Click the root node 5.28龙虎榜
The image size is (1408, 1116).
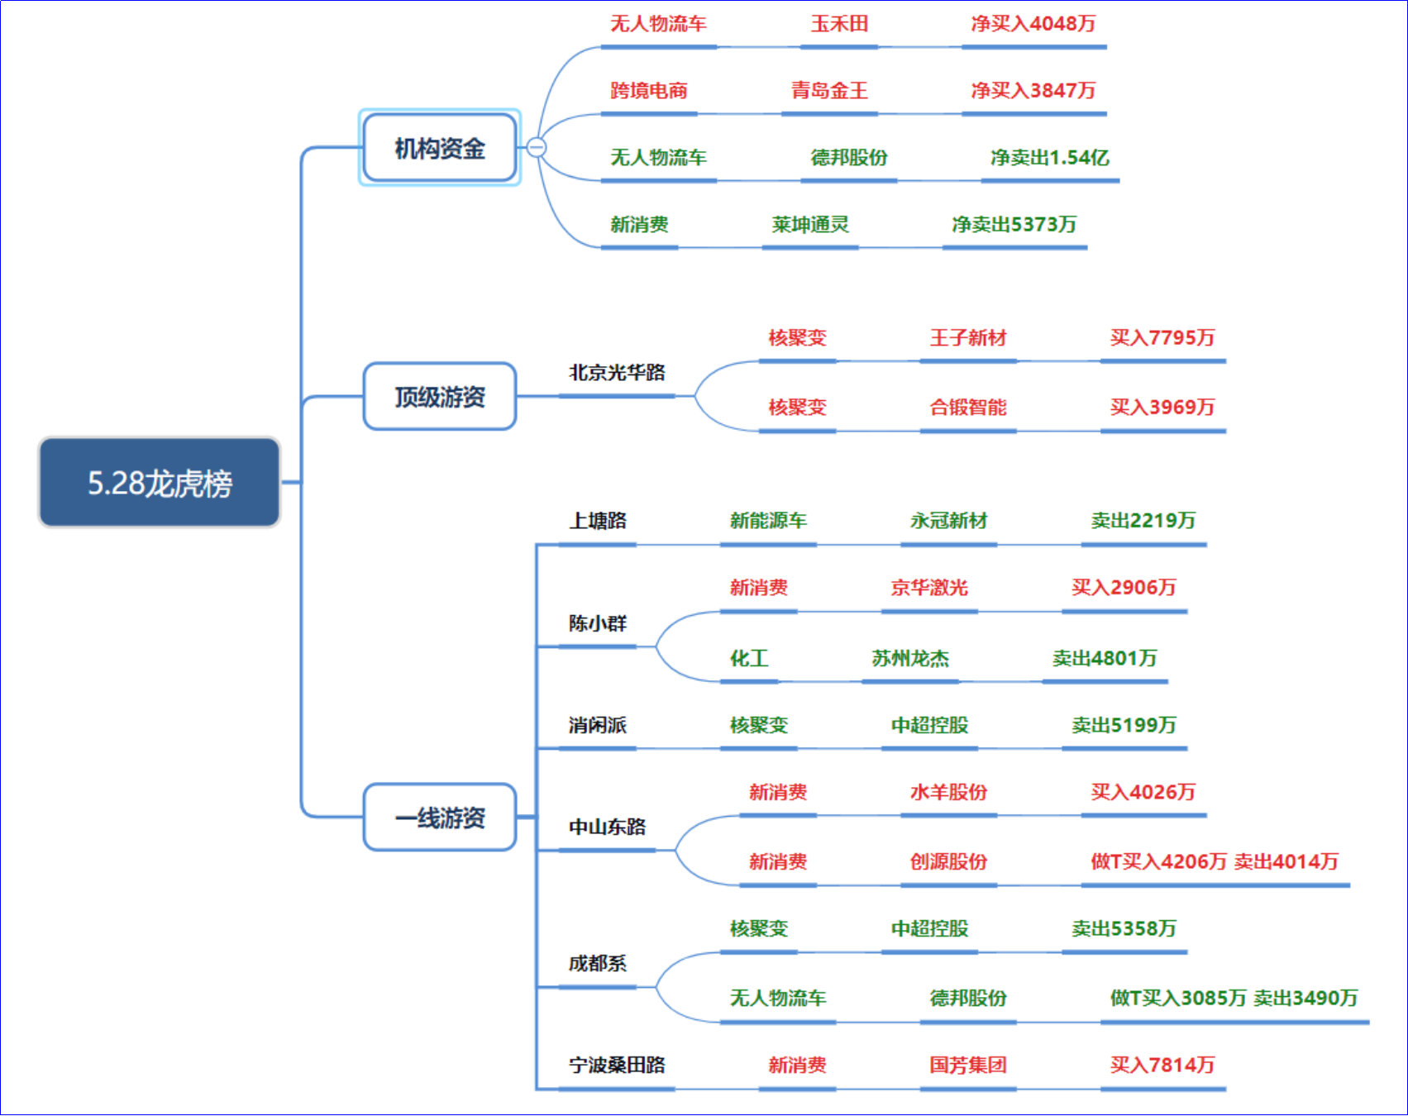tap(160, 483)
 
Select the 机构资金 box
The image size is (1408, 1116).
tap(440, 148)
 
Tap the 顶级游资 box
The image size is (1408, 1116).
tap(440, 397)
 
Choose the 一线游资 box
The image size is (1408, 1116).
tap(440, 818)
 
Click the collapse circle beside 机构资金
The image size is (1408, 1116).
tap(537, 147)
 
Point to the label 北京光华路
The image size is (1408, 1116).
tap(617, 372)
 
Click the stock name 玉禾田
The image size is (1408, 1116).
tap(839, 23)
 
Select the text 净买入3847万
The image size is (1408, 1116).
tap(1033, 90)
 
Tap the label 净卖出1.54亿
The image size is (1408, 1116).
tap(1050, 157)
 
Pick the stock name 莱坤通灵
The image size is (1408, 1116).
tap(810, 224)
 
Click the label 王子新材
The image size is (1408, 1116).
tap(968, 337)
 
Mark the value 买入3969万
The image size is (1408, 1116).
tap(1162, 407)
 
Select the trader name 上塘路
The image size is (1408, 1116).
tap(598, 520)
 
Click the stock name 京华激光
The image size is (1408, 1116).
tap(929, 587)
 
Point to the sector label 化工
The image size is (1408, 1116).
tap(749, 658)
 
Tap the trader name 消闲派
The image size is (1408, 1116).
tap(598, 725)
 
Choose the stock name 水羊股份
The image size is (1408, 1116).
tap(949, 792)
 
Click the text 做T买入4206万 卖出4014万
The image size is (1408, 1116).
tap(1215, 861)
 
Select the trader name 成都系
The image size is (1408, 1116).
tap(598, 963)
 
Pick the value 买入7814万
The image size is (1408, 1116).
tap(1162, 1065)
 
